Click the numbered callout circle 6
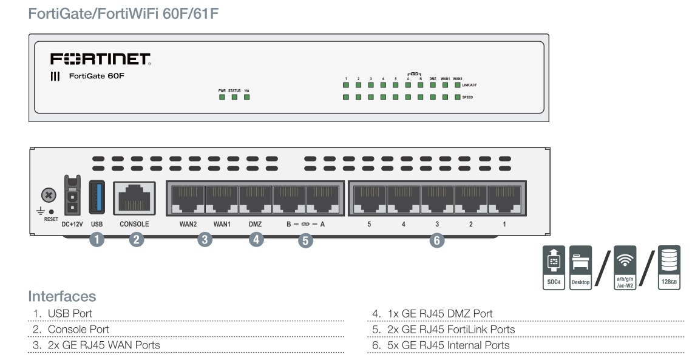coord(435,240)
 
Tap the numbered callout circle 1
coord(97,240)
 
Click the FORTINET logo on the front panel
coord(100,59)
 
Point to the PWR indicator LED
coord(222,97)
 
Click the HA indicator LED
coord(246,97)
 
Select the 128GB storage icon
coord(671,267)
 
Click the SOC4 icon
coord(554,267)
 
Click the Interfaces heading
coord(62,296)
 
